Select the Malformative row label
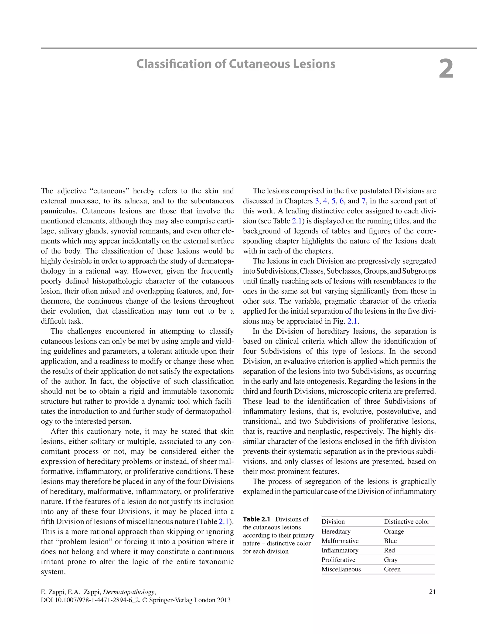pos(340,541)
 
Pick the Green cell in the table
pos(392,569)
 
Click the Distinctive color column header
pos(406,521)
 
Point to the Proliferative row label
pos(338,559)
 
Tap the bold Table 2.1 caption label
pos(256,519)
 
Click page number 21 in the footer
pos(432,592)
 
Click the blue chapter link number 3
pos(317,201)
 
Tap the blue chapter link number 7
pos(363,201)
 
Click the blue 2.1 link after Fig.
pos(352,321)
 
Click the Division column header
pos(333,521)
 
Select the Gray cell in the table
pos(391,559)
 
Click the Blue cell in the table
pos(390,541)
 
